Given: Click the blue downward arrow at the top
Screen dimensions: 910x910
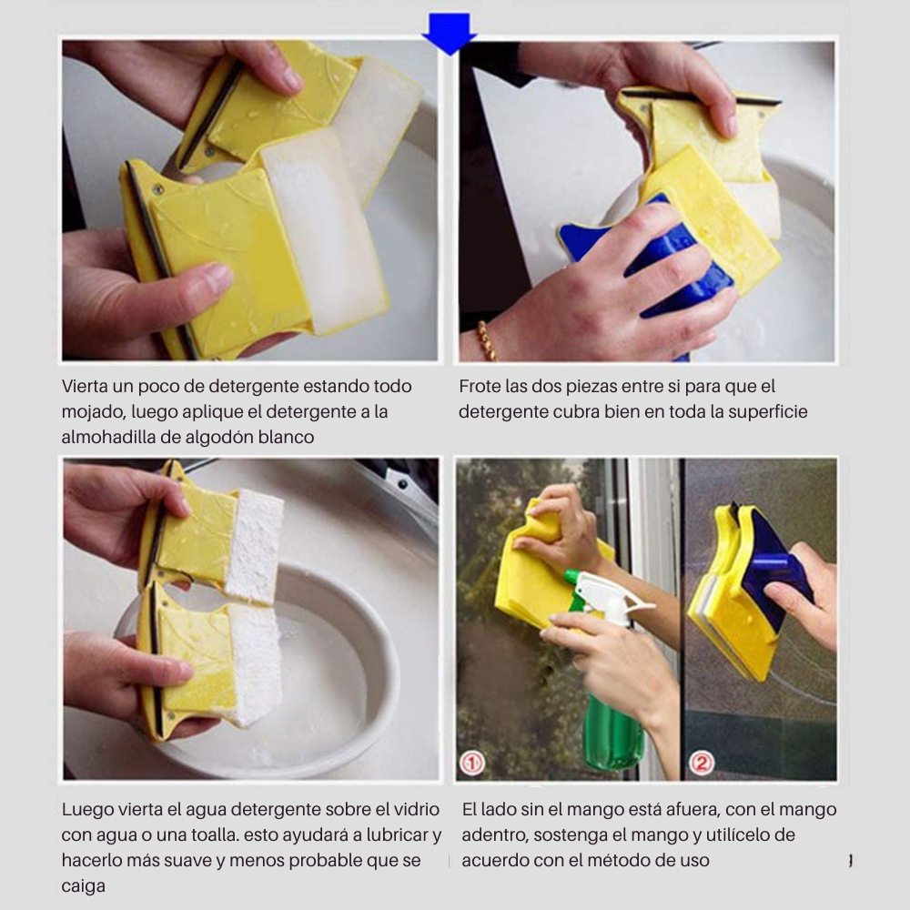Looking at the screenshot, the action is pyautogui.click(x=450, y=34).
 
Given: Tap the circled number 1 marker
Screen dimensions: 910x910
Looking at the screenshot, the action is pyautogui.click(x=471, y=763).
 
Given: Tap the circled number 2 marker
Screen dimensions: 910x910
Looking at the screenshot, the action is pyautogui.click(x=701, y=763).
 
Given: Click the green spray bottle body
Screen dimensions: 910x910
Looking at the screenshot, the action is pyautogui.click(x=612, y=725).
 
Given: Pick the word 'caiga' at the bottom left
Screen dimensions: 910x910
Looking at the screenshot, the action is pyautogui.click(x=83, y=886).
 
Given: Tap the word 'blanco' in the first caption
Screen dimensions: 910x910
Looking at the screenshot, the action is pyautogui.click(x=286, y=437).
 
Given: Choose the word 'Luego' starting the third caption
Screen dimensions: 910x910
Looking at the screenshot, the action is pyautogui.click(x=87, y=809).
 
